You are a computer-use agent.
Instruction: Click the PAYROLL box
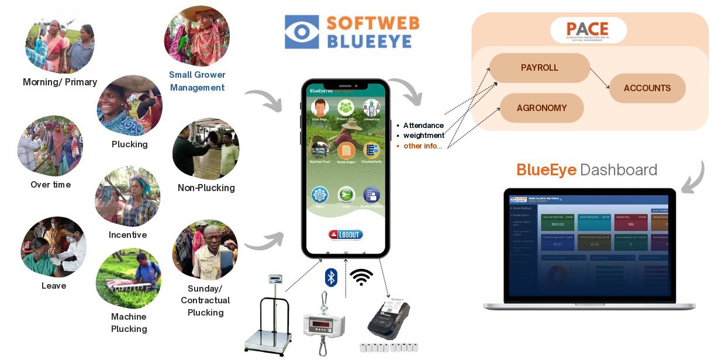coord(539,68)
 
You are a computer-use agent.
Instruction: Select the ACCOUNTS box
coord(647,88)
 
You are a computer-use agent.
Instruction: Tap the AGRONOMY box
coord(541,108)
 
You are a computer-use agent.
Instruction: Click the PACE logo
coord(588,30)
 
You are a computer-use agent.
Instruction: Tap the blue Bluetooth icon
coord(331,276)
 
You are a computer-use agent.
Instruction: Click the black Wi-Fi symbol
coord(361,276)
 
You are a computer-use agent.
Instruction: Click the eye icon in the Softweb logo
coord(302,32)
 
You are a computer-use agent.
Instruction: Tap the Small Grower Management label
coord(197,81)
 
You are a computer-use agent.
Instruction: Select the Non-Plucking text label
coord(206,188)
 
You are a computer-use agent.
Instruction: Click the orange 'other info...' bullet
coord(422,146)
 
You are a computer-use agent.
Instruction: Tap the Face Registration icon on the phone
coord(319,109)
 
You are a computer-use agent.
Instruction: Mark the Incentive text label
coord(127,235)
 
